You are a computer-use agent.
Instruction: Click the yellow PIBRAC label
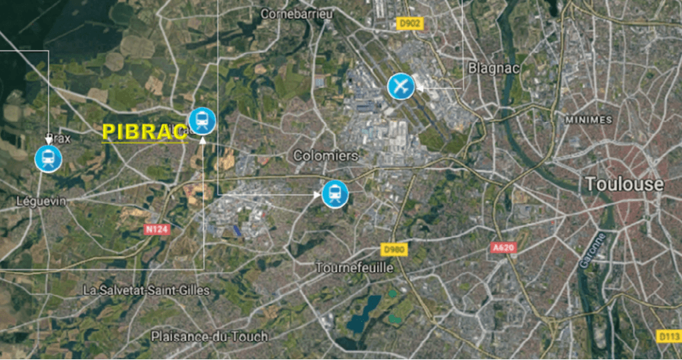pyautogui.click(x=145, y=131)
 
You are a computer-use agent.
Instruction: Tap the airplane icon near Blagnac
pyautogui.click(x=400, y=86)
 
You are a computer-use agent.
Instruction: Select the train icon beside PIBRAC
pyautogui.click(x=203, y=121)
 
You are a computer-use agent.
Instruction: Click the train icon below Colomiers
pyautogui.click(x=336, y=193)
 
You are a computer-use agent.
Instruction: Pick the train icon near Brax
pyautogui.click(x=48, y=158)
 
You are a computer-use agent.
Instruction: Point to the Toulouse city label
pyautogui.click(x=624, y=185)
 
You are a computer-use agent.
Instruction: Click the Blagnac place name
pyautogui.click(x=490, y=67)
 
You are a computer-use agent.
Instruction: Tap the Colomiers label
pyautogui.click(x=325, y=156)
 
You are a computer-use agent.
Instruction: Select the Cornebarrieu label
pyautogui.click(x=297, y=13)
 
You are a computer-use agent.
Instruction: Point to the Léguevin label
pyautogui.click(x=41, y=201)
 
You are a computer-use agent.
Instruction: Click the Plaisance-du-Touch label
pyautogui.click(x=209, y=337)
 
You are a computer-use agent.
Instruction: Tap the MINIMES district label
pyautogui.click(x=587, y=120)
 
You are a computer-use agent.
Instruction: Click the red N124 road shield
pyautogui.click(x=156, y=229)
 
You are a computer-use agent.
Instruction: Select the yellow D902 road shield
pyautogui.click(x=410, y=23)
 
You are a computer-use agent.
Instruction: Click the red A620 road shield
pyautogui.click(x=504, y=247)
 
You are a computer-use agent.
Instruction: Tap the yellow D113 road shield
pyautogui.click(x=668, y=336)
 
